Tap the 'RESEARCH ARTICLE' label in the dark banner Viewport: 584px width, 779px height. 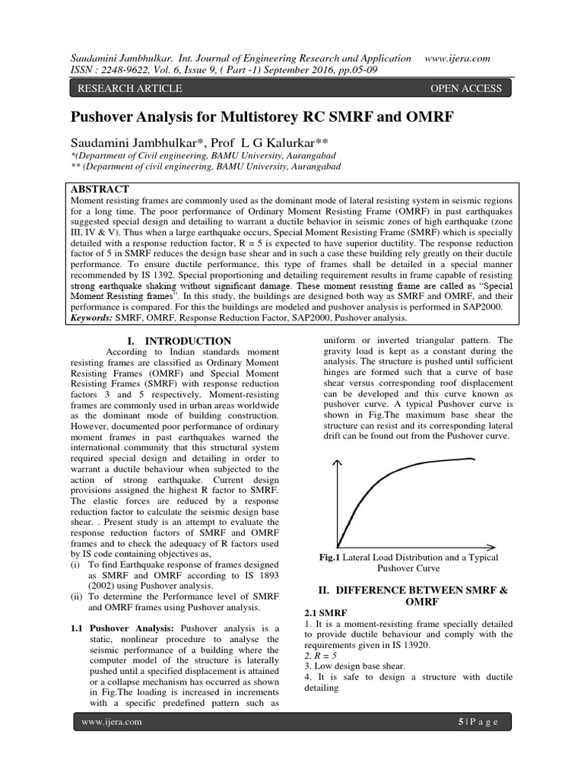(126, 88)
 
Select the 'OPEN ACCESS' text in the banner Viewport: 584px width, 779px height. (465, 88)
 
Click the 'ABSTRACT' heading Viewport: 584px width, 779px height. (100, 189)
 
